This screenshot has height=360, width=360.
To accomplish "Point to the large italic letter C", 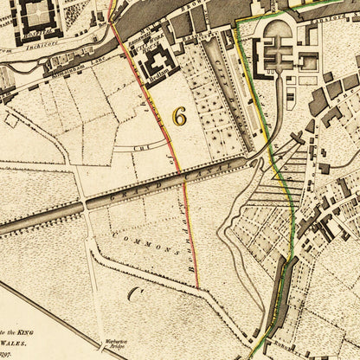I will (134, 293).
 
